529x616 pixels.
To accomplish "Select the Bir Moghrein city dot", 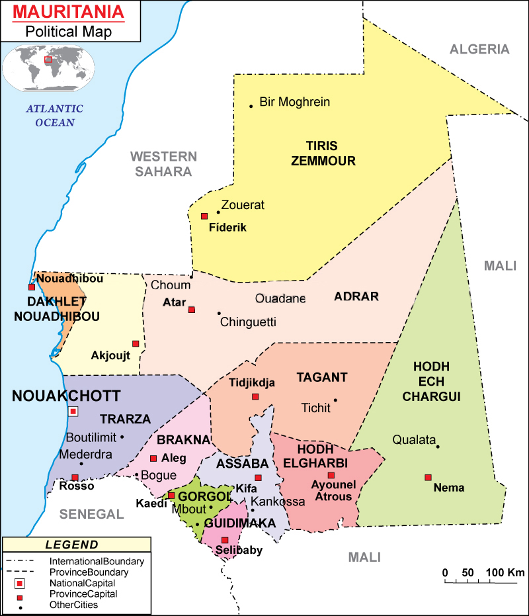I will (251, 106).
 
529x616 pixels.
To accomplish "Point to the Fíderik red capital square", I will (204, 216).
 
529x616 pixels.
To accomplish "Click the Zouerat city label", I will (243, 205).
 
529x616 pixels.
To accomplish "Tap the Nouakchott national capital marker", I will (73, 412).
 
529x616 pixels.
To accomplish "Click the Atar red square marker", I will (192, 309).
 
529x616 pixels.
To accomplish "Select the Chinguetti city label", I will (248, 322).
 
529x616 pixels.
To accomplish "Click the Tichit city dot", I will (335, 400).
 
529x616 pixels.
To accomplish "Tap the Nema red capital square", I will (428, 477).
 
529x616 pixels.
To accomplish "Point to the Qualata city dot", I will (437, 446).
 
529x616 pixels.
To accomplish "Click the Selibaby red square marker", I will (225, 540).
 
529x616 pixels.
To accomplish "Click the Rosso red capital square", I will (75, 477).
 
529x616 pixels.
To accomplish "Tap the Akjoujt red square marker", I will (136, 343).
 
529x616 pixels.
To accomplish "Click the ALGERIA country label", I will (479, 49).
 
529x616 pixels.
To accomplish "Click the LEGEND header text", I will (72, 545).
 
